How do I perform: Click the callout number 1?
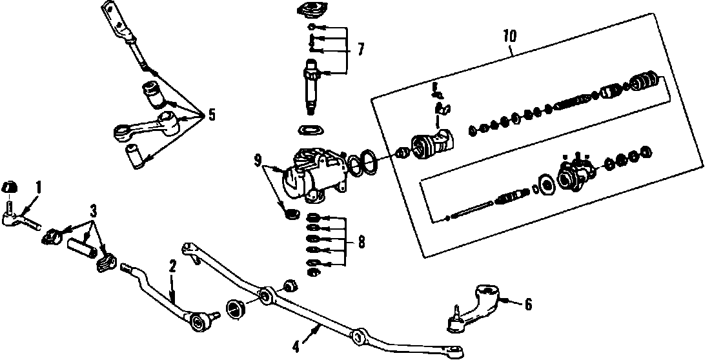coord(38,188)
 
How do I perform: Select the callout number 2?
coord(172,265)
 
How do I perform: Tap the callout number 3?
coord(94,211)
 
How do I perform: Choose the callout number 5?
coord(211,115)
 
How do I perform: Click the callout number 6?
coord(528,304)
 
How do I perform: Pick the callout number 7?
coord(361,49)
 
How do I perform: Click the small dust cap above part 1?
coord(10,187)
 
